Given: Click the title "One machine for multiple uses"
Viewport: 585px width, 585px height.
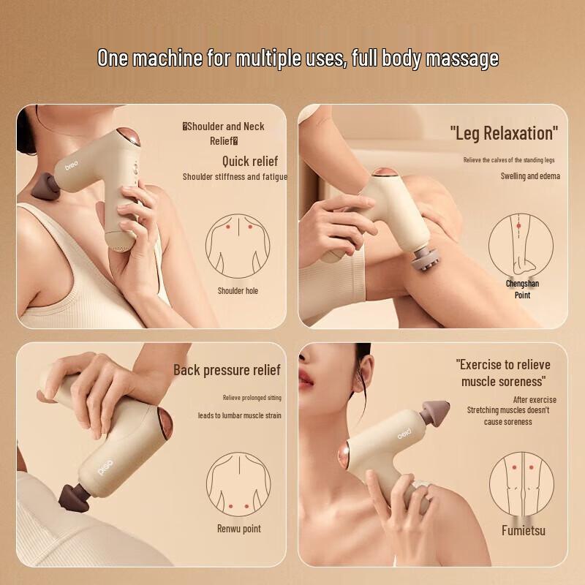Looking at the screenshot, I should pos(298,58).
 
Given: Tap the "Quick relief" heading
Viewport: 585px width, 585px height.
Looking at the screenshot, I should pos(250,161).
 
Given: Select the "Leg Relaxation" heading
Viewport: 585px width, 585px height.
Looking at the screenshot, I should pos(504,133).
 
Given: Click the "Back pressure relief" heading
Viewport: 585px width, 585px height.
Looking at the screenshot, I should pos(227,370).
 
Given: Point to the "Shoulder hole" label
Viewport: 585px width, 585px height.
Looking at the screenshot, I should pos(238,291).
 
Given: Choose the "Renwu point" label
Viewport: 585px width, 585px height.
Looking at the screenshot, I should pos(239,529).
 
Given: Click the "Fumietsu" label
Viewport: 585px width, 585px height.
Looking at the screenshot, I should pos(523,530).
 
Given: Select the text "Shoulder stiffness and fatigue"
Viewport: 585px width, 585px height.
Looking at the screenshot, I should pos(235,176).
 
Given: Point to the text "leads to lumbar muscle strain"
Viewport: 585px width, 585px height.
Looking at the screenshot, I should pos(239,415).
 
